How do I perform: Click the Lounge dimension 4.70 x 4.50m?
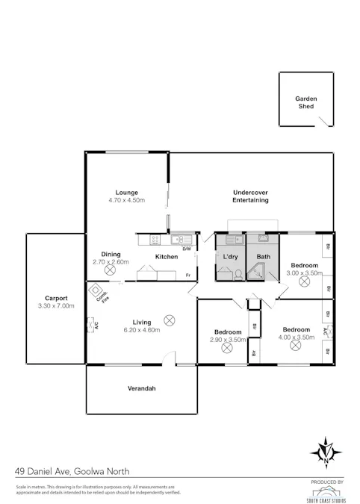(x=126, y=201)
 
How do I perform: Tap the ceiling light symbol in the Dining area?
(x=111, y=272)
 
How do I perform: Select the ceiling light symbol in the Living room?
(x=169, y=320)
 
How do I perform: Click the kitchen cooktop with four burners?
(x=155, y=240)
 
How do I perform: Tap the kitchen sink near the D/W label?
(x=180, y=240)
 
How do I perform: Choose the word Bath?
(x=263, y=257)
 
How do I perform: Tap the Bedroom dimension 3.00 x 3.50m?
(x=304, y=273)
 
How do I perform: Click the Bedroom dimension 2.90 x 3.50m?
(x=227, y=339)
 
